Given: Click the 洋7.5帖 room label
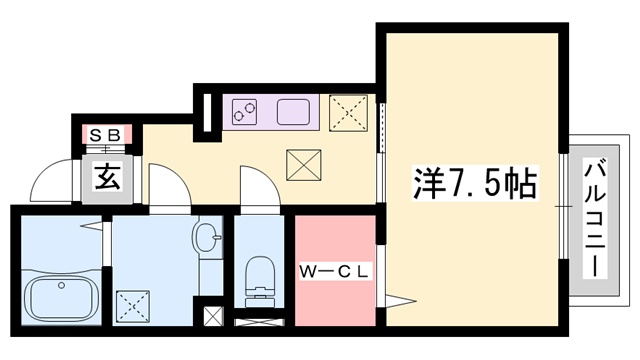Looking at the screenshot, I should click(475, 183).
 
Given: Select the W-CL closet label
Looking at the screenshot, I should click(335, 270).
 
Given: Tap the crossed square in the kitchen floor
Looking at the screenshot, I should click(302, 164).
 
